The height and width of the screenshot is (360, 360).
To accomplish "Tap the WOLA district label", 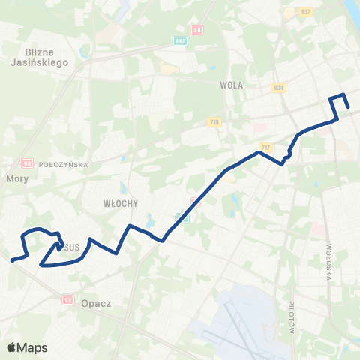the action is click(232, 85).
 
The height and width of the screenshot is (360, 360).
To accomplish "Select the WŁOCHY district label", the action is click(118, 202).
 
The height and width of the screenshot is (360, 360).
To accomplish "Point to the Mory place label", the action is click(16, 179).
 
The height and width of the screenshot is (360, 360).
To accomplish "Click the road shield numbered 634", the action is click(279, 87).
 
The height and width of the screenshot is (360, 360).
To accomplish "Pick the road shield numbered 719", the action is click(215, 121).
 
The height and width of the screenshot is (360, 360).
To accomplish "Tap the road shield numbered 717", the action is click(265, 147).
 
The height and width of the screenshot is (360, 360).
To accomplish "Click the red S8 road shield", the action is click(197, 31).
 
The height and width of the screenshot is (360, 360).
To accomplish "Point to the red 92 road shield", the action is click(28, 163).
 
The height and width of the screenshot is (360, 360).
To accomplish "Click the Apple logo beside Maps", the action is click(11, 347).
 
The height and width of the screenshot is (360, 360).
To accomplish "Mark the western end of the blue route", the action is click(12, 260).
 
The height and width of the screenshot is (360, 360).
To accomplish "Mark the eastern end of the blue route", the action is click(348, 108).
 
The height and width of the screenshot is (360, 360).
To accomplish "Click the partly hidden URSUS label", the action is click(70, 247).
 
